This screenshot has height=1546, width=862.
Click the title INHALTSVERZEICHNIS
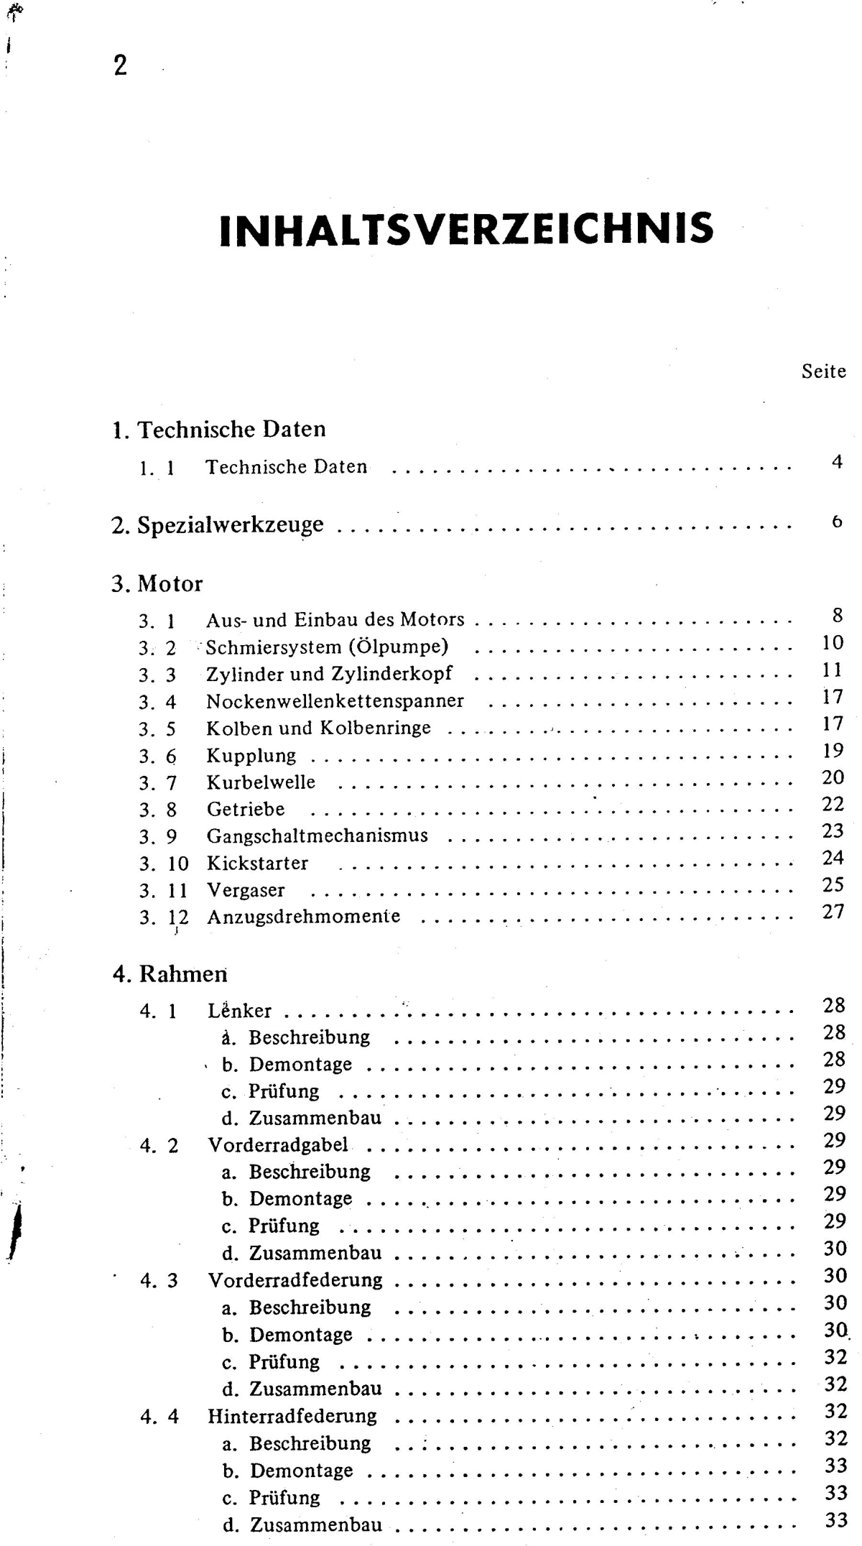[466, 228]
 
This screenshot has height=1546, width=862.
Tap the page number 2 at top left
[120, 66]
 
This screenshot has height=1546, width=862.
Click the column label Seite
[823, 372]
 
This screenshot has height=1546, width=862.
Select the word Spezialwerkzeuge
[230, 525]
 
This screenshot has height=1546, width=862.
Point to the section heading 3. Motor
[157, 583]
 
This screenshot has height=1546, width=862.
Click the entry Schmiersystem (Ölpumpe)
[327, 647]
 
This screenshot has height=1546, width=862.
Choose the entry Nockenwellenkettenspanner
[335, 701]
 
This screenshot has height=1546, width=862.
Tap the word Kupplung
[251, 756]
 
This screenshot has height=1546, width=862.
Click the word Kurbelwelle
[261, 782]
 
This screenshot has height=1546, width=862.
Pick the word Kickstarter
[257, 864]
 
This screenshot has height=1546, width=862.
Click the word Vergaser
[246, 891]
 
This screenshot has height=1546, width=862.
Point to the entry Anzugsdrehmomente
[303, 917]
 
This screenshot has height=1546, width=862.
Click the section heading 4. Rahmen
[170, 974]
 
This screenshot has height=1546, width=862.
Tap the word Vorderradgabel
[278, 1145]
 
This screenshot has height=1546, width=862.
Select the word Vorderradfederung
[295, 1280]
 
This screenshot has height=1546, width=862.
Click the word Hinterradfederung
[292, 1416]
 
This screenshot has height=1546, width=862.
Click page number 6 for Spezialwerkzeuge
[837, 522]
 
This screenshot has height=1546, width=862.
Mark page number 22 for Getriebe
[833, 805]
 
